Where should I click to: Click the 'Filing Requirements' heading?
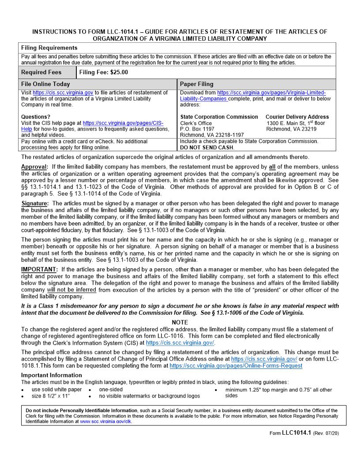tap(49, 48)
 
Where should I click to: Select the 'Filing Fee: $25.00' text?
tap(104, 72)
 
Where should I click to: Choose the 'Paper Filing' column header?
tap(197, 84)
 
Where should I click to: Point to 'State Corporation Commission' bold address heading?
tap(219, 117)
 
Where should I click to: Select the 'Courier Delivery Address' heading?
tap(297, 117)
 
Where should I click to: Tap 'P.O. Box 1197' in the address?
tap(197, 129)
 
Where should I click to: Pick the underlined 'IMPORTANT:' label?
tap(39, 269)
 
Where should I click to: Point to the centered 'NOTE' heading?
tap(180, 323)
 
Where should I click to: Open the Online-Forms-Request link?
tap(236, 366)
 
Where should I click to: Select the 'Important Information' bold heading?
tap(51, 375)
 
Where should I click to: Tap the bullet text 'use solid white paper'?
tap(56, 390)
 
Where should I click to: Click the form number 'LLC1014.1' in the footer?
tap(296, 433)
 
